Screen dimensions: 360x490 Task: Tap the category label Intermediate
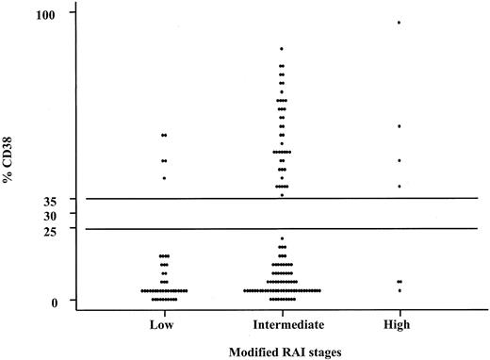point(282,323)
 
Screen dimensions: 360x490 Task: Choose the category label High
point(399,323)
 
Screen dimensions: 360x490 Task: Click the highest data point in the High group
point(399,22)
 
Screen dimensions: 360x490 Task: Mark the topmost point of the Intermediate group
point(282,48)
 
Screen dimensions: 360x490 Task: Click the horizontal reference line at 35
point(283,199)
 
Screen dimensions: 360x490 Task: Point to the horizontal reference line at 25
point(283,229)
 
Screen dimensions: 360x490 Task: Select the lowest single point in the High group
point(399,290)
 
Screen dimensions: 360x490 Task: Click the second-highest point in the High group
point(399,125)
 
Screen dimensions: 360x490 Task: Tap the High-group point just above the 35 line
point(399,187)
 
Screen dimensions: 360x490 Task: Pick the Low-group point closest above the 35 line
point(164,178)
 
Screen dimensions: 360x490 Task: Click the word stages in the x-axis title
point(326,351)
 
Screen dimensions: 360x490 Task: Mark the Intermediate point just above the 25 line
point(282,238)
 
